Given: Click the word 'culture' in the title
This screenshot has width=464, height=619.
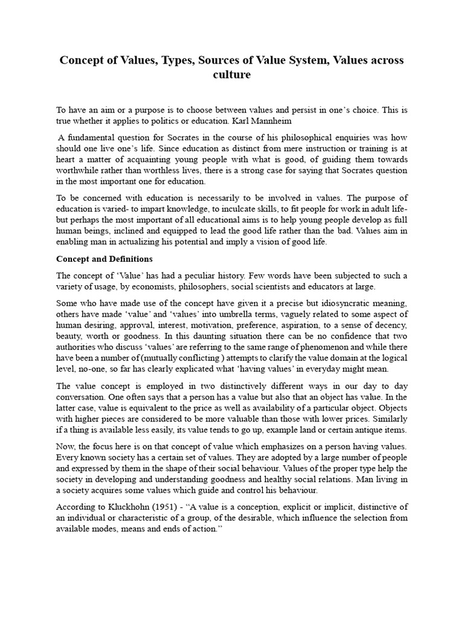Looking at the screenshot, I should pos(231,75).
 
